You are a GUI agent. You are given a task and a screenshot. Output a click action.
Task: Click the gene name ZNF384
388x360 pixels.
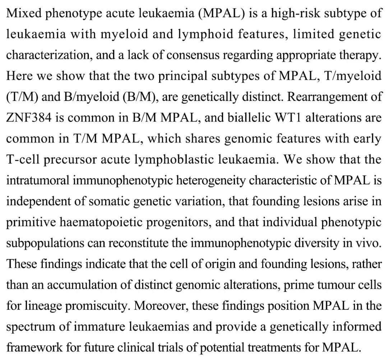[28, 118]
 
